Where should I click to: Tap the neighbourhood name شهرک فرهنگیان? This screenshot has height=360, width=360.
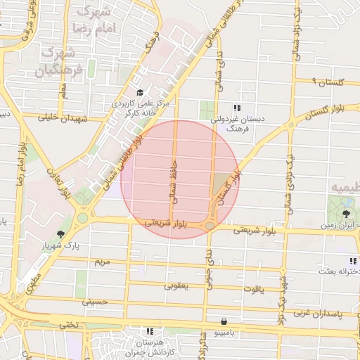[x=59, y=61]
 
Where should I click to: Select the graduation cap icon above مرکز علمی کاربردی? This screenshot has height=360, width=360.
[x=139, y=93]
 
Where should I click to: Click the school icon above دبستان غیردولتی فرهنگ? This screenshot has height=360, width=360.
[x=237, y=108]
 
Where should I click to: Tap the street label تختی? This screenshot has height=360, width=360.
[x=69, y=325]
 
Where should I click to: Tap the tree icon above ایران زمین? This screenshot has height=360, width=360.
[x=346, y=213]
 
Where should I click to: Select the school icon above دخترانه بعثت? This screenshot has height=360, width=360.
[x=352, y=262]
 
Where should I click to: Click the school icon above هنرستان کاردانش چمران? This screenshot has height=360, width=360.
[x=149, y=330]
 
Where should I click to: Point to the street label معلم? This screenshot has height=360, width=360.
[x=63, y=89]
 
